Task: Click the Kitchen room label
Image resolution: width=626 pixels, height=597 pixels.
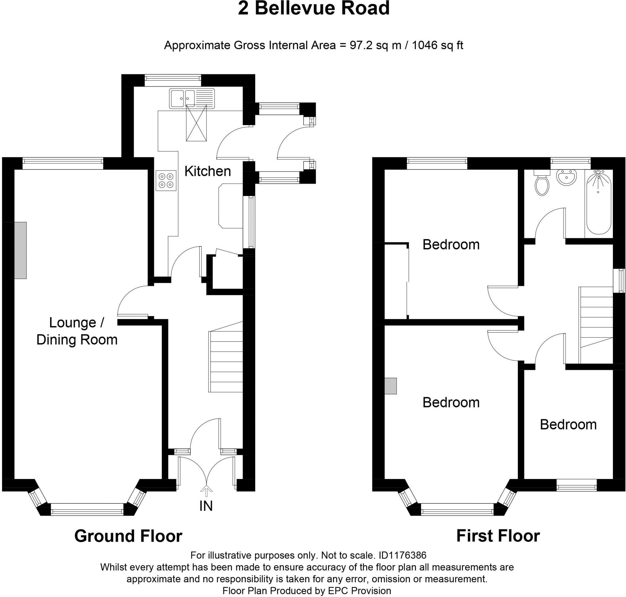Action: [208, 172]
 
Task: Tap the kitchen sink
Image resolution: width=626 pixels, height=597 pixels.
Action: [192, 99]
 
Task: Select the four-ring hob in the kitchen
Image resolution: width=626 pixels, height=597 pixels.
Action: [166, 180]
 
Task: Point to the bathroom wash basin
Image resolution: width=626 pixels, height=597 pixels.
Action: [566, 177]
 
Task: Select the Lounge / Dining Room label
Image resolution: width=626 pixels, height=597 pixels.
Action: [77, 331]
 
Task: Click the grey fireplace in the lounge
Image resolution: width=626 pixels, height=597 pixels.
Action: [20, 250]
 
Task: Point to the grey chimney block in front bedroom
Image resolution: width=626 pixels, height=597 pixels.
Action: [391, 386]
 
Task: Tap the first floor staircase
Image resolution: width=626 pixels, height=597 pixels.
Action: [596, 325]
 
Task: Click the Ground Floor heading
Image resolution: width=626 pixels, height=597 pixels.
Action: [128, 536]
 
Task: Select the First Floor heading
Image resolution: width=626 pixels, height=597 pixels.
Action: [498, 536]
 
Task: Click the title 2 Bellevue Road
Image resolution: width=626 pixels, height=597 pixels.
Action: [314, 8]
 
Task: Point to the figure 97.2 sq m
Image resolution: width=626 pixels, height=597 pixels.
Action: [376, 45]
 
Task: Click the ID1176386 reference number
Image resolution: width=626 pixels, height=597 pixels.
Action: [402, 555]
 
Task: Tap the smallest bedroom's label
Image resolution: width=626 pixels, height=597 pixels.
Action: [568, 425]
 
